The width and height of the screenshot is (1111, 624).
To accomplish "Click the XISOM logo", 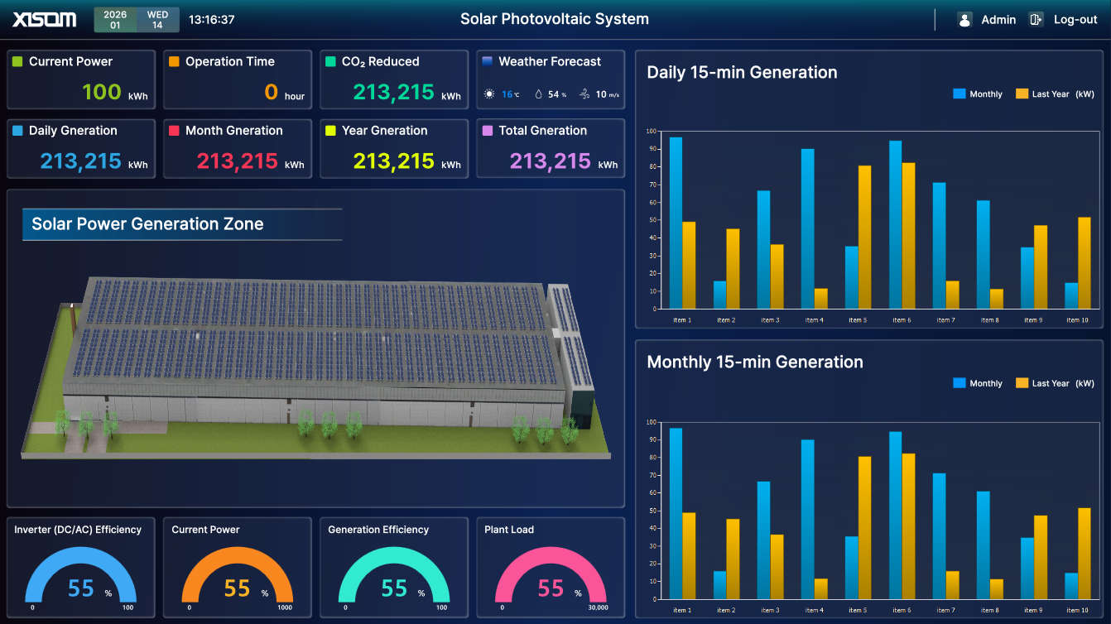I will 45,19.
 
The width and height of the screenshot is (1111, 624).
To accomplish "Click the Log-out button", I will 1075,20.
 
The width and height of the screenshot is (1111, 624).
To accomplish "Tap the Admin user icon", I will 964,20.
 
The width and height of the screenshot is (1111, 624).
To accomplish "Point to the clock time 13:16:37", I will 212,20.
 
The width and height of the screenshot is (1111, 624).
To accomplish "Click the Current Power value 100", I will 102,92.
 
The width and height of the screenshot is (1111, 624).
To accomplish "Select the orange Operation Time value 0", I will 271,92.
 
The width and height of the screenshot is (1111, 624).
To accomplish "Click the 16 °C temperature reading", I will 510,94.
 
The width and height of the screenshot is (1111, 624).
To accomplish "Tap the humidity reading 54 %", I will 554,94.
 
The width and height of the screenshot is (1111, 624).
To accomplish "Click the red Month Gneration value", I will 237,161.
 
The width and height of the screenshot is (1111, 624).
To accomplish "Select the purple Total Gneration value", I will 550,161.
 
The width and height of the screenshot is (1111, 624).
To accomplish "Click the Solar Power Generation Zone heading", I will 147,224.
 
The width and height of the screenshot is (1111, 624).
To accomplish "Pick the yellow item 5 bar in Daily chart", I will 864,237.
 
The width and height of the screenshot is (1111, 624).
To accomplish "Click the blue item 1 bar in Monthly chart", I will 676,513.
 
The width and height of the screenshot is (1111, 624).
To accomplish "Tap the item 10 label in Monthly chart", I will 1077,611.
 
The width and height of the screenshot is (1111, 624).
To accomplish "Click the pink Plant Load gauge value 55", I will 551,588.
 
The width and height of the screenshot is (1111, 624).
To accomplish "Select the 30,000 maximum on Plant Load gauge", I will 597,608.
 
